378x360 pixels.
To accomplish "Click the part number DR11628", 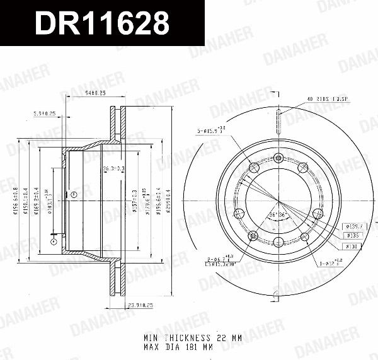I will coord(101,24).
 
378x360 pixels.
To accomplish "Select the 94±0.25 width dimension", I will coord(94,93).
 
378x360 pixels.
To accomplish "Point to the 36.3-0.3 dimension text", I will coord(114,168).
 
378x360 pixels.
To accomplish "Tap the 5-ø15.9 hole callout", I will coord(212,131).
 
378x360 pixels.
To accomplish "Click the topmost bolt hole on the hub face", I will coord(278,158).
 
